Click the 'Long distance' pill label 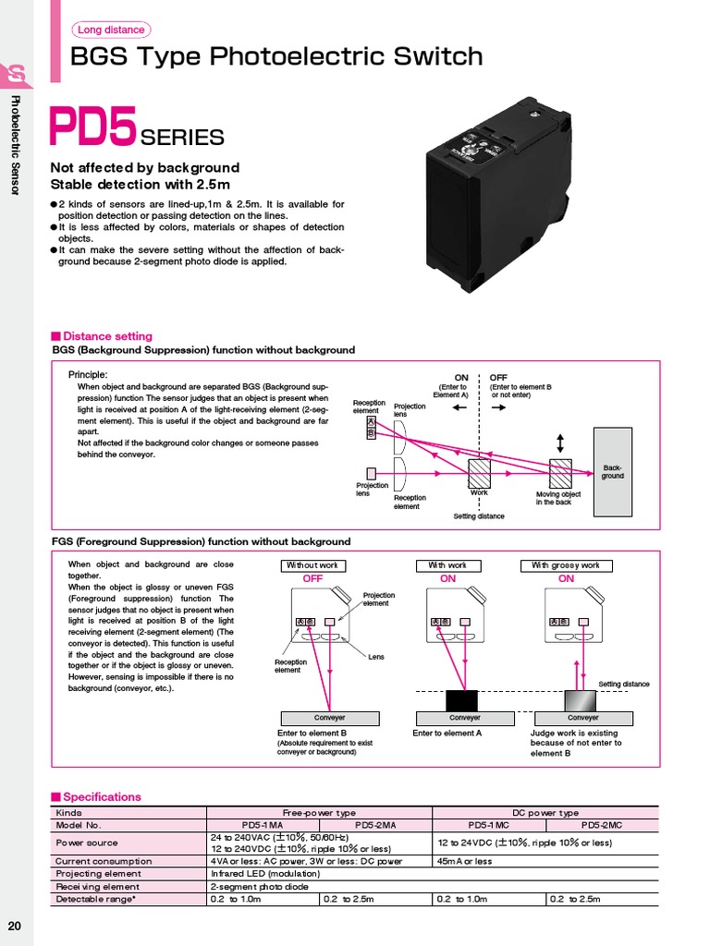tap(111, 30)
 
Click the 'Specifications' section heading tap(101, 796)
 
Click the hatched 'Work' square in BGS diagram tap(479, 472)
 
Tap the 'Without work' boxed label tap(312, 564)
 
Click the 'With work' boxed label tap(447, 564)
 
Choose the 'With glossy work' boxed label tap(566, 564)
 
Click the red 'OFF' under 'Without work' tap(312, 578)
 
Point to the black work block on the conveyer tap(461, 700)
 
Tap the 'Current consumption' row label tap(104, 861)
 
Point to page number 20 tap(16, 927)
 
